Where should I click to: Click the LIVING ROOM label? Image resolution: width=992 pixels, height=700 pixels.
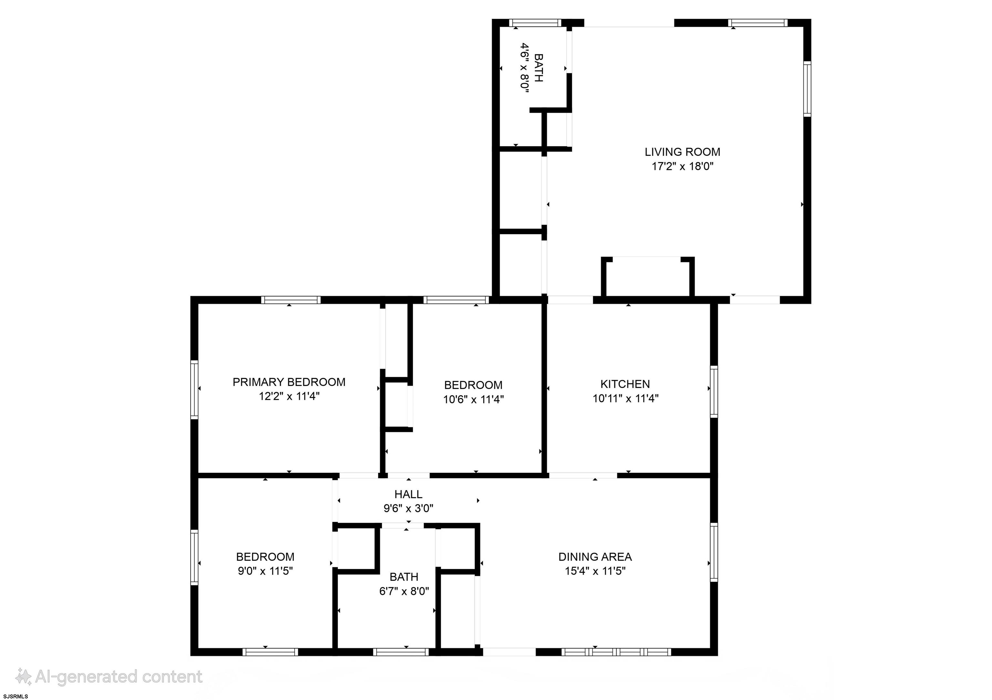tap(682, 152)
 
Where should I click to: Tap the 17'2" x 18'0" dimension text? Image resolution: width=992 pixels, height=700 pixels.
tap(682, 166)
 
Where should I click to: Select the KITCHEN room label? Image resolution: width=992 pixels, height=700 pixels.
tap(625, 384)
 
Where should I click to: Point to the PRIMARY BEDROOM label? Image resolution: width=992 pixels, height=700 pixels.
tap(289, 382)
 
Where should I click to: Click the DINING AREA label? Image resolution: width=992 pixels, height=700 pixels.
tap(595, 557)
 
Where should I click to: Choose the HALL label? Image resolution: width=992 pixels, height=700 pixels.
tap(408, 494)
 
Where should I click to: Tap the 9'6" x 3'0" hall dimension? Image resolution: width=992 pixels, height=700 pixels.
tap(408, 508)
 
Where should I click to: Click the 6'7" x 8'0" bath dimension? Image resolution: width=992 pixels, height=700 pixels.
tap(404, 591)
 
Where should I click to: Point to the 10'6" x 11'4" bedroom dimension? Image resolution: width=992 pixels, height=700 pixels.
tap(473, 399)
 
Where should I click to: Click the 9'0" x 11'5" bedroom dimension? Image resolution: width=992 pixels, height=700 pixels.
tap(265, 571)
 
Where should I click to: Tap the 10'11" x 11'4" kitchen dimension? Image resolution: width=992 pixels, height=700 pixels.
tap(625, 398)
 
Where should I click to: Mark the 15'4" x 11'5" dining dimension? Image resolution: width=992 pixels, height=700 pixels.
tap(595, 571)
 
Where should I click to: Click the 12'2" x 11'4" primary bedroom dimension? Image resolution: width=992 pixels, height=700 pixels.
tap(289, 396)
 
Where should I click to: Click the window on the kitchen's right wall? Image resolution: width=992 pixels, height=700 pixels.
tap(714, 392)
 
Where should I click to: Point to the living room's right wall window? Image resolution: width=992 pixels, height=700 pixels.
tap(807, 89)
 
